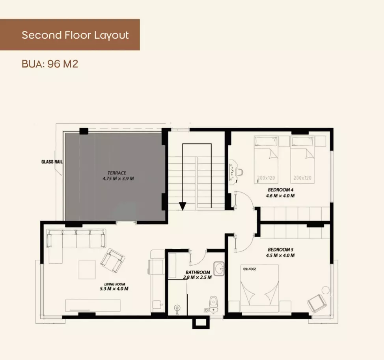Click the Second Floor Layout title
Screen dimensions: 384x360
pos(75,35)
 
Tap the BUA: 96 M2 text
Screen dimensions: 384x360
pos(50,64)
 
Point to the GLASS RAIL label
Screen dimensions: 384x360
pos(52,162)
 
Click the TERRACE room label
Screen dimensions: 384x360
pos(117,173)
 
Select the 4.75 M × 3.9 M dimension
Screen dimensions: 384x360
pos(118,178)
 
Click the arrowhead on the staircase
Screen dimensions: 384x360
pos(183,206)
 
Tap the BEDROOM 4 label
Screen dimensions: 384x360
pos(281,190)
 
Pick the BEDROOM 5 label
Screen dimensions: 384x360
pos(281,249)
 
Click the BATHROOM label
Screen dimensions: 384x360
pos(198,272)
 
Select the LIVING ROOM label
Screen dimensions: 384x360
pos(115,284)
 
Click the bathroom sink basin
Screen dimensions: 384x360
pos(219,268)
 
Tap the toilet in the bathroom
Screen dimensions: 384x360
pos(213,303)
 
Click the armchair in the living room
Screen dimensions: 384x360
pos(112,261)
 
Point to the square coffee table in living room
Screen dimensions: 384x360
pos(87,270)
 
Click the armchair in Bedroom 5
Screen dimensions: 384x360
pos(317,303)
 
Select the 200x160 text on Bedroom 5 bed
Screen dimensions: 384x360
pos(250,269)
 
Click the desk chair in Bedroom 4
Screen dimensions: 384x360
pos(240,171)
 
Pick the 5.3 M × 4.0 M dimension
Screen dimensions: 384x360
pos(114,289)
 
